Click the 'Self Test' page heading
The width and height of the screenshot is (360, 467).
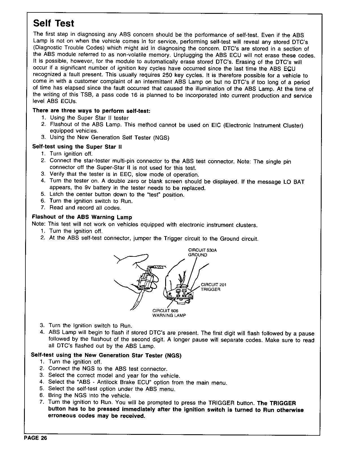54,23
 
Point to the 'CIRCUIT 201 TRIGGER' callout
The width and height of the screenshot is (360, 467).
213,287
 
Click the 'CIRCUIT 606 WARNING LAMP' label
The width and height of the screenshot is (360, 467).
169,313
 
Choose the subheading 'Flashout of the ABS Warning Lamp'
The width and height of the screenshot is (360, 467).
82,217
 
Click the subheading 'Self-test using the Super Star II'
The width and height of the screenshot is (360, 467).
77,147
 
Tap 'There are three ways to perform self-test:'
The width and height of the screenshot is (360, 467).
91,111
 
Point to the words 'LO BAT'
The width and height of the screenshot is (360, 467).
294,182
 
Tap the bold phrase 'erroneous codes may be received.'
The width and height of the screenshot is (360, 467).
97,416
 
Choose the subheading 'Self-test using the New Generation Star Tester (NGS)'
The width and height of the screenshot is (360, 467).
106,355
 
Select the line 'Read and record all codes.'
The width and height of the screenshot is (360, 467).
85,208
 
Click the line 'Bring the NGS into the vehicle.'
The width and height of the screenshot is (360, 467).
90,396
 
